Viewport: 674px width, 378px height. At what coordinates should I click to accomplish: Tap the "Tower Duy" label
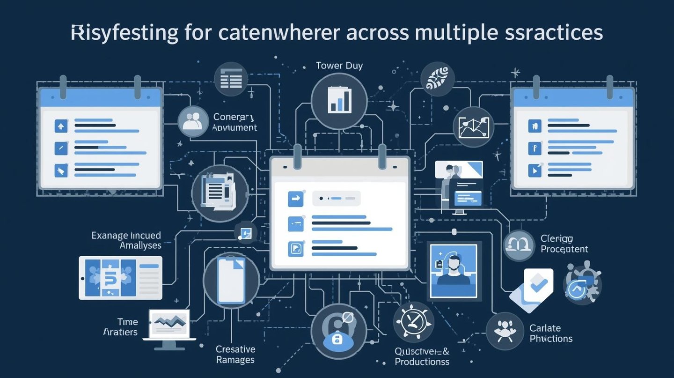[x=339, y=66]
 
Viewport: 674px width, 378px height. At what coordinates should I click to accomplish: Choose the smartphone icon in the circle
[x=231, y=280]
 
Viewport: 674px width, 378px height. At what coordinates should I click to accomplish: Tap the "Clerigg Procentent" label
[x=564, y=244]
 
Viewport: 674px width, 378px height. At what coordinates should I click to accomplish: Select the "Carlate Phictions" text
[x=551, y=333]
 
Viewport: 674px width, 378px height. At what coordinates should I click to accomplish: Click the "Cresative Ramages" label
[x=235, y=354]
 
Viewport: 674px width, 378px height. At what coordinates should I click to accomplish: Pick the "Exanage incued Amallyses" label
[x=126, y=240]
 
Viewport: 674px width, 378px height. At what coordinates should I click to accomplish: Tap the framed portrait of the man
[x=453, y=270]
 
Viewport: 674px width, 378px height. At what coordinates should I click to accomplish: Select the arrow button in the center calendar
[x=295, y=199]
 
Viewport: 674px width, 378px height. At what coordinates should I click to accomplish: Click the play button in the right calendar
[x=534, y=170]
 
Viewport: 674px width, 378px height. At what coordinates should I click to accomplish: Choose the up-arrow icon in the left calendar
[x=61, y=126]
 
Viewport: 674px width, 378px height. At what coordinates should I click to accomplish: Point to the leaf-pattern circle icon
[x=438, y=79]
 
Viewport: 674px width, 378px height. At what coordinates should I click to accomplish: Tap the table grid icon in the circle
[x=231, y=79]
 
